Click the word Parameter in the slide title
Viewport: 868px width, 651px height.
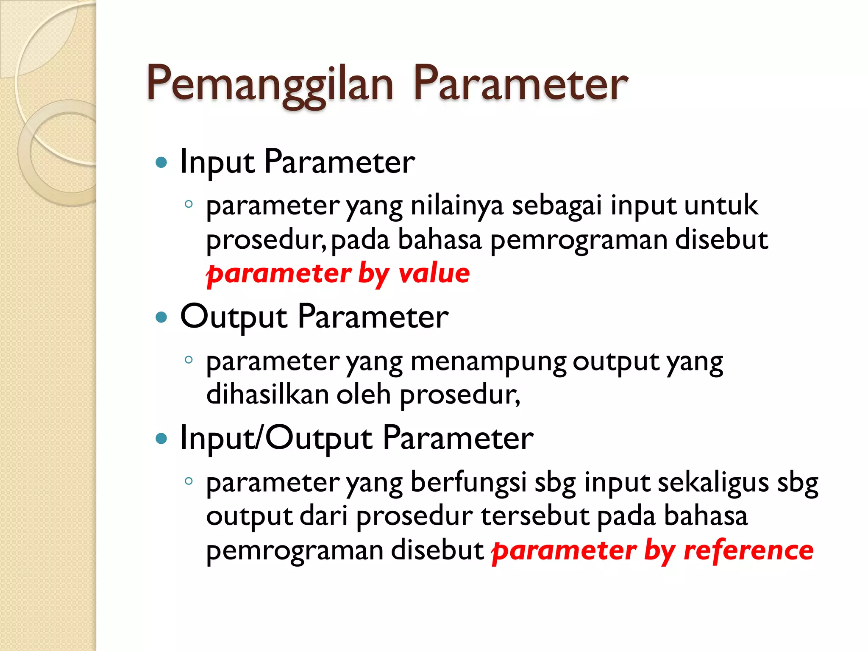coord(520,84)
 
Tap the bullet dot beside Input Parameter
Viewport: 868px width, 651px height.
coord(161,162)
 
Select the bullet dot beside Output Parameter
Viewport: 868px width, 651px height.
coord(161,317)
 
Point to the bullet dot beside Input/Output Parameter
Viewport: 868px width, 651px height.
coord(161,438)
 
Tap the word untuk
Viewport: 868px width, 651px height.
coord(721,206)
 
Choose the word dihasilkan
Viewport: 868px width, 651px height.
coord(267,395)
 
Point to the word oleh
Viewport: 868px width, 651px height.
coord(364,395)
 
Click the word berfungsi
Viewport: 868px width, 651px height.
coord(468,484)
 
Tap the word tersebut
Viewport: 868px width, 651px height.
coord(535,516)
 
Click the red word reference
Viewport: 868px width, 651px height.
coord(748,551)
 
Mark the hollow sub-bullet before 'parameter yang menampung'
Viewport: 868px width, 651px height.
coord(189,361)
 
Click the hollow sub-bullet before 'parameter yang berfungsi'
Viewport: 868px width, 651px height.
coord(189,481)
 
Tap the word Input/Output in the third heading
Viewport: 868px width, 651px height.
coord(276,438)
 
